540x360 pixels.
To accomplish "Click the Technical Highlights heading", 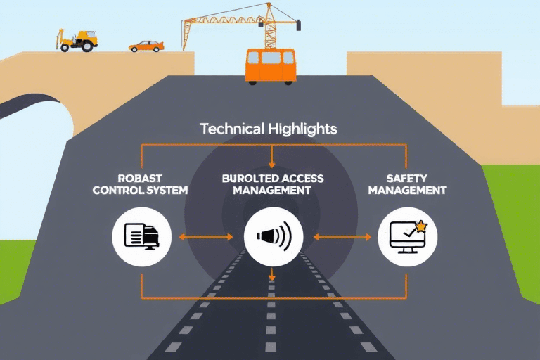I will [x=269, y=129].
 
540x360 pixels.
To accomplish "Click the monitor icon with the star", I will [x=406, y=237].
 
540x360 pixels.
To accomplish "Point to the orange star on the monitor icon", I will [x=421, y=226].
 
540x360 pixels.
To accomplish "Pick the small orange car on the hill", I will [x=146, y=46].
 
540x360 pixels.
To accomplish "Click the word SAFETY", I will [x=407, y=179].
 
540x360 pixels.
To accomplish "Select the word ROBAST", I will [x=140, y=179].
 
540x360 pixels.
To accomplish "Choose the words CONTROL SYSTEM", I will [x=140, y=190].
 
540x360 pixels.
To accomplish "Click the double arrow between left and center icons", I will [x=206, y=238].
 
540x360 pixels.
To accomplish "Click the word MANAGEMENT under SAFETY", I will [x=407, y=190].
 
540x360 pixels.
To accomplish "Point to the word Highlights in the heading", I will [x=302, y=129].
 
